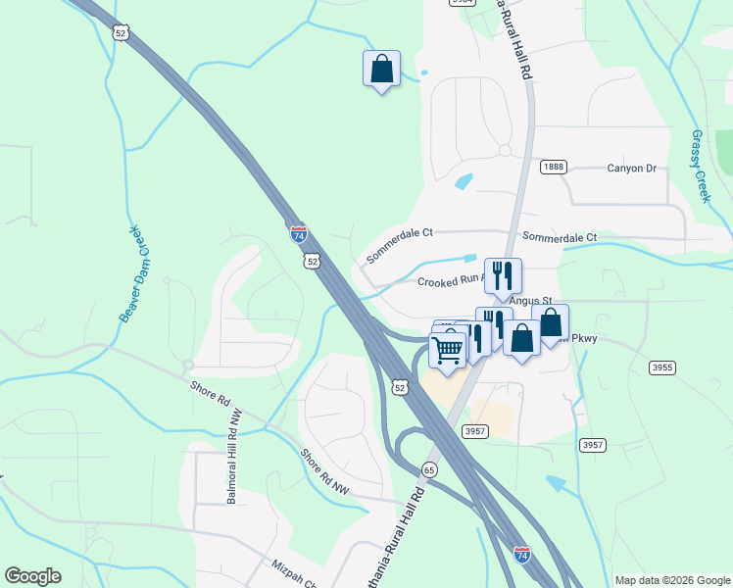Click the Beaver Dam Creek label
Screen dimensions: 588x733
tap(138, 274)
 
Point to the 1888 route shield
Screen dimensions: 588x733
tap(553, 168)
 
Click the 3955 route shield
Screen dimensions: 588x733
tap(662, 367)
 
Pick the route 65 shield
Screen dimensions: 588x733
tap(429, 469)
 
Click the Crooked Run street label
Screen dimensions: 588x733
tap(451, 281)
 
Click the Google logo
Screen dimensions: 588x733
tap(32, 576)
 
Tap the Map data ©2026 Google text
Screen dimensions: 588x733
tap(671, 580)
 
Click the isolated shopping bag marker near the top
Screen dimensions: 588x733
tap(381, 70)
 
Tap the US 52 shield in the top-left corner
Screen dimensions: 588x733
tap(121, 33)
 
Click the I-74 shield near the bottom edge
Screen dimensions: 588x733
tap(522, 556)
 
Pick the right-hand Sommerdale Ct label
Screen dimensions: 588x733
tap(560, 238)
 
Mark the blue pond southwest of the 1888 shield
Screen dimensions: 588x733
tap(464, 181)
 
